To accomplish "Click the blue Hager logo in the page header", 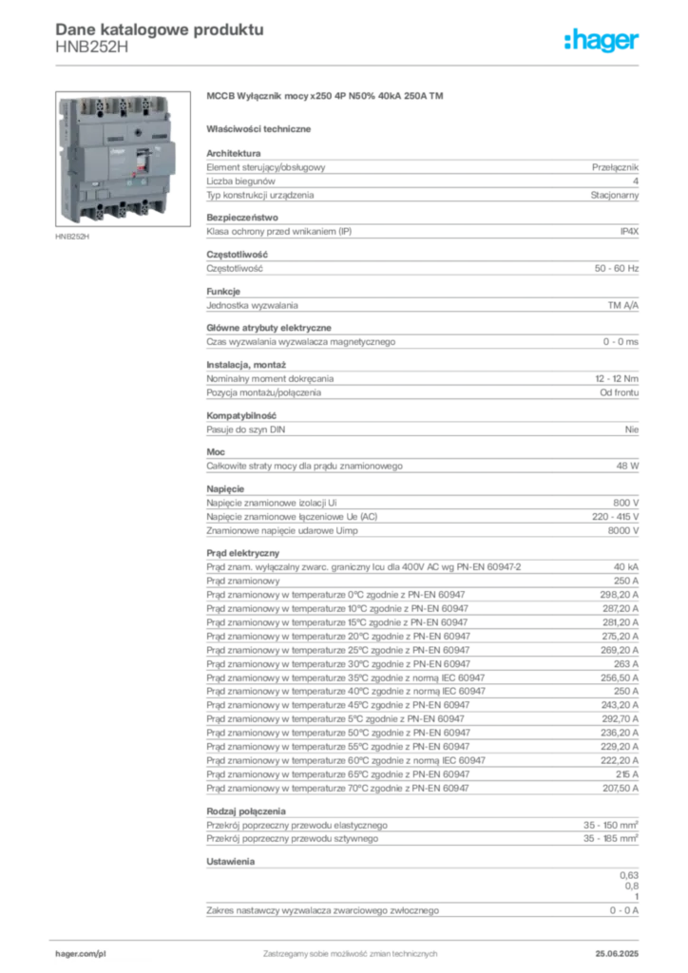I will pyautogui.click(x=602, y=41).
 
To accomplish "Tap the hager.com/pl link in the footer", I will pyautogui.click(x=80, y=949).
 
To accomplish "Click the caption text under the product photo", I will pyautogui.click(x=72, y=237).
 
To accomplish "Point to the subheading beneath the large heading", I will pyautogui.click(x=262, y=127).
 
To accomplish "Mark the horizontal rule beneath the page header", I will pyautogui.click(x=349, y=65).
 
